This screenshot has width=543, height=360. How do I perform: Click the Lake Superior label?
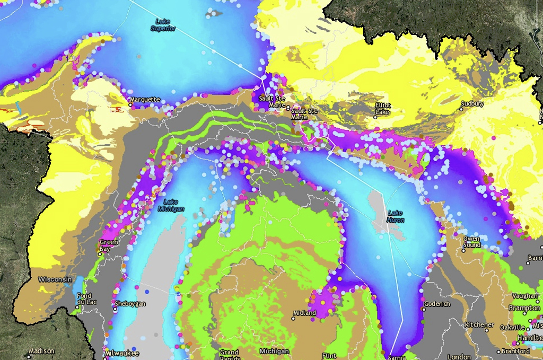pos(162,25)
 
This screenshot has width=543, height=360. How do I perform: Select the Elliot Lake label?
pos(382,109)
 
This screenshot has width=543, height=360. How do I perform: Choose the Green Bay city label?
pos(109,245)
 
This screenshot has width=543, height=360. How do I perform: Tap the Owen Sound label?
pos(471,242)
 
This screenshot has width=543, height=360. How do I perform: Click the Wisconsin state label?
pos(55,279)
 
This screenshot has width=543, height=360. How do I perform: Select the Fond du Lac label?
pos(84,299)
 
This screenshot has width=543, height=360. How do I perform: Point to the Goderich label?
pos(437,304)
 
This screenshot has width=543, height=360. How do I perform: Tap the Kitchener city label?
pos(479,324)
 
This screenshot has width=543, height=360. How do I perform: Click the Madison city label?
pos(41,351)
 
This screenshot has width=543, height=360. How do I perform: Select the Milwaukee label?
pos(122,353)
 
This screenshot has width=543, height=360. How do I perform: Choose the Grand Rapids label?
pos(229,354)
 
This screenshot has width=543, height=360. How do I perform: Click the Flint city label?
pos(329,356)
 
